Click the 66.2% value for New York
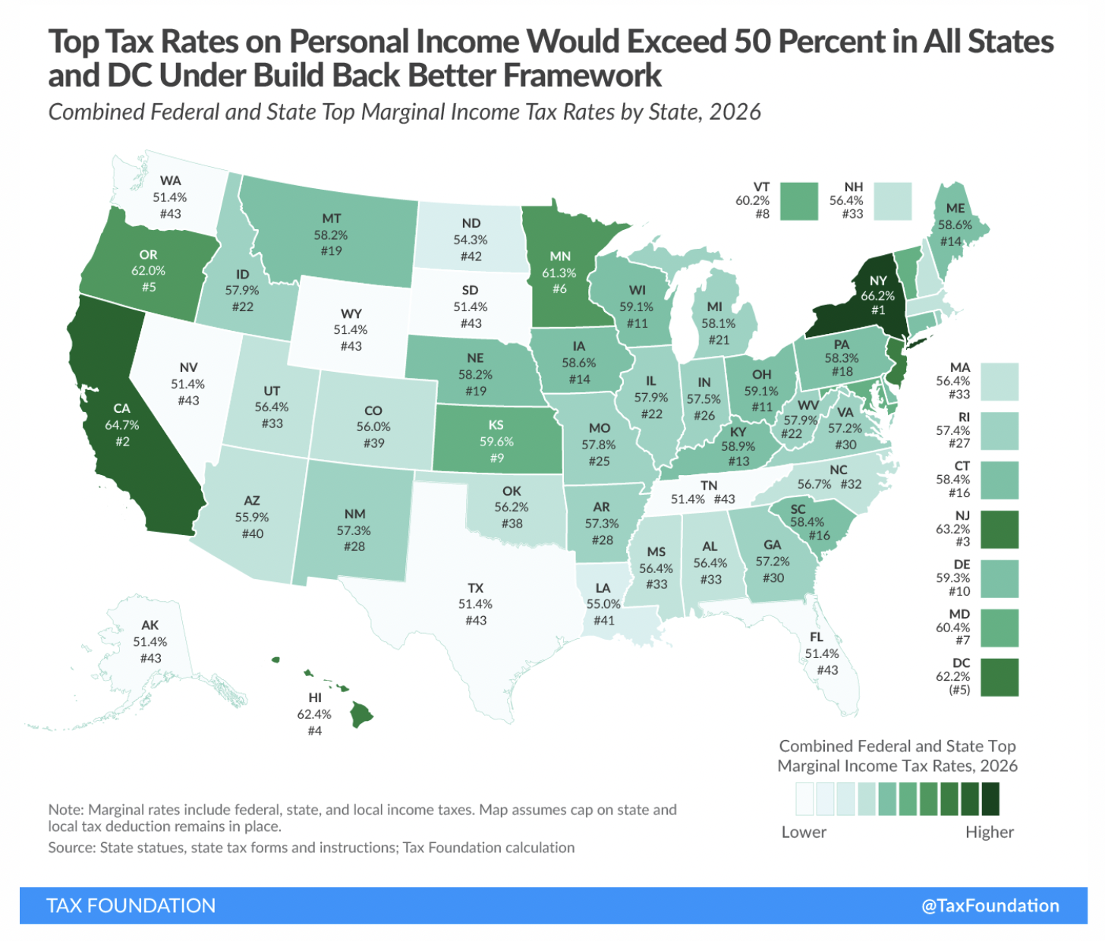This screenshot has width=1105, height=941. click(x=877, y=296)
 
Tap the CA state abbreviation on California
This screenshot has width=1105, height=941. click(x=121, y=408)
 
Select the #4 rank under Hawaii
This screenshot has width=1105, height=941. click(x=314, y=731)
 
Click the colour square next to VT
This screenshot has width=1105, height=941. click(x=799, y=201)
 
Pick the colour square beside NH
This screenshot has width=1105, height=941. click(x=892, y=201)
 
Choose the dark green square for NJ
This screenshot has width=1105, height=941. click(x=999, y=529)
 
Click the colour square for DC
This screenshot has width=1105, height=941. click(x=999, y=677)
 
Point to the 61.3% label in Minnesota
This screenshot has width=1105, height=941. click(x=559, y=272)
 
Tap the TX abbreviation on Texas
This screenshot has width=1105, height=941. click(x=475, y=587)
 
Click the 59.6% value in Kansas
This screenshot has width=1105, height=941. click(x=496, y=441)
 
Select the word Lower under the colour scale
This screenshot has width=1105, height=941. click(x=804, y=832)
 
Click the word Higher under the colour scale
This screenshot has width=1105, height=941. click(x=989, y=832)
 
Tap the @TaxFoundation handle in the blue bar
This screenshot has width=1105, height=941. click(x=990, y=905)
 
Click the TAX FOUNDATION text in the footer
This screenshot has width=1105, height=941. click(x=131, y=905)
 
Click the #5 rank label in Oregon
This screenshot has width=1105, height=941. click(x=148, y=287)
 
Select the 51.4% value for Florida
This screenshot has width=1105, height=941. click(x=822, y=653)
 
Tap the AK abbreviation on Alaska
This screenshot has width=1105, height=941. click(x=150, y=625)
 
